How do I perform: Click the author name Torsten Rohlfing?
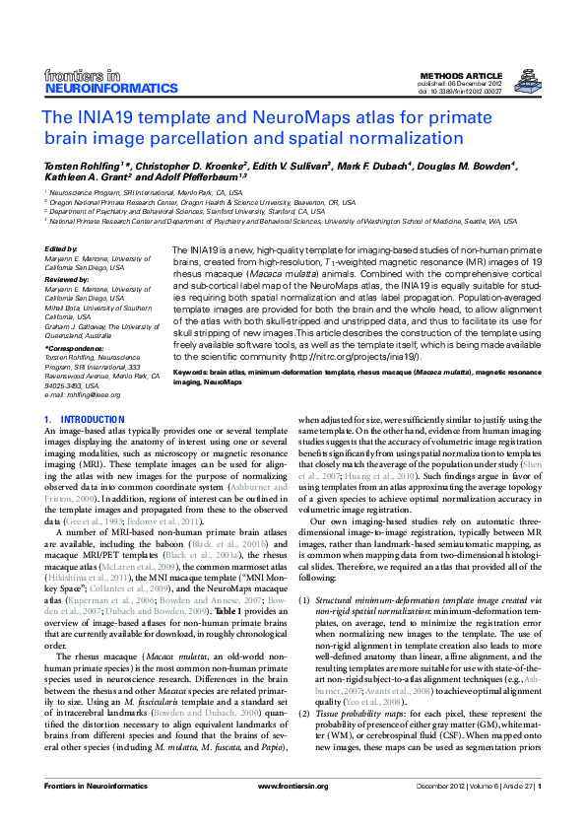(83, 166)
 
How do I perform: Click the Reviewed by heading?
(67, 279)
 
